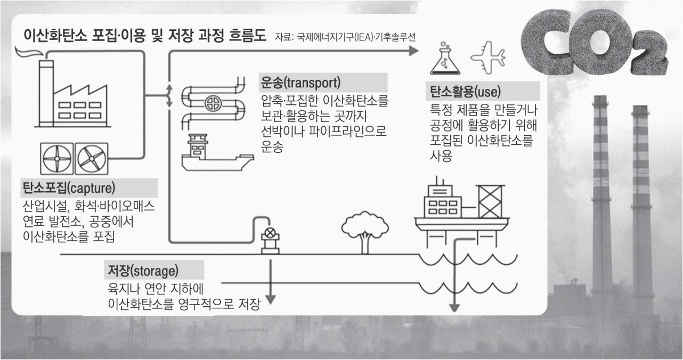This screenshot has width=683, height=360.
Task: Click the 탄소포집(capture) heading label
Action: pos(69,187)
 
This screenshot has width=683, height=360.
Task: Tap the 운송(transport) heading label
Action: pos(301,84)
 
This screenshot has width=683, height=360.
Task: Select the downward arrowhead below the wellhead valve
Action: pos(271,300)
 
